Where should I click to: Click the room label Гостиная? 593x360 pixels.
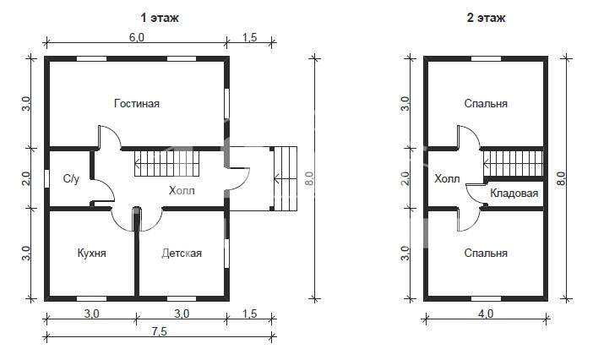[x=137, y=103]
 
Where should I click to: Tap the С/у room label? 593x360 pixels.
[x=71, y=178]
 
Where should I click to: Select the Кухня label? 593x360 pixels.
[x=91, y=253]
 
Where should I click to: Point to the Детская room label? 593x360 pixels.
[x=182, y=253]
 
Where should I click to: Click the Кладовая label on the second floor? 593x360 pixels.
[x=514, y=194]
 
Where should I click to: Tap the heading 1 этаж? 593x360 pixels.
[x=159, y=18]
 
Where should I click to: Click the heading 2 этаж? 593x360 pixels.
[x=486, y=18]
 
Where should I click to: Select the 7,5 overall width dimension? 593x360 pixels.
[x=159, y=331]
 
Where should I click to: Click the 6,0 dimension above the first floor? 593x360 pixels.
[x=137, y=37]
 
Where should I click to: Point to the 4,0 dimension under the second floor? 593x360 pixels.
[x=486, y=314]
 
